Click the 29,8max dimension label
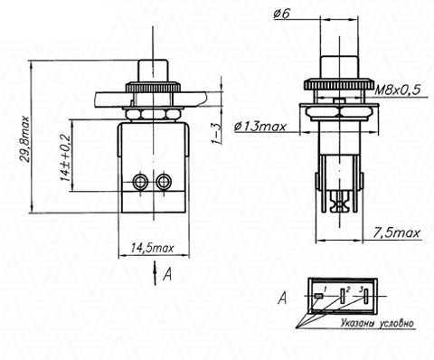pyautogui.click(x=26, y=139)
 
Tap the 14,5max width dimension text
pyautogui.click(x=153, y=248)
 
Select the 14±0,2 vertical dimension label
pyautogui.click(x=65, y=157)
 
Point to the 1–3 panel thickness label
pyautogui.click(x=216, y=134)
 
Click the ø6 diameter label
pyautogui.click(x=281, y=14)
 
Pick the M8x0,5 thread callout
pyautogui.click(x=397, y=90)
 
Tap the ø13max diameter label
pyautogui.click(x=259, y=127)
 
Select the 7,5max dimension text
pyautogui.click(x=397, y=232)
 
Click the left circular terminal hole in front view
pyautogui.click(x=140, y=182)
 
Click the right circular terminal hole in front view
pyautogui.click(x=164, y=182)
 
